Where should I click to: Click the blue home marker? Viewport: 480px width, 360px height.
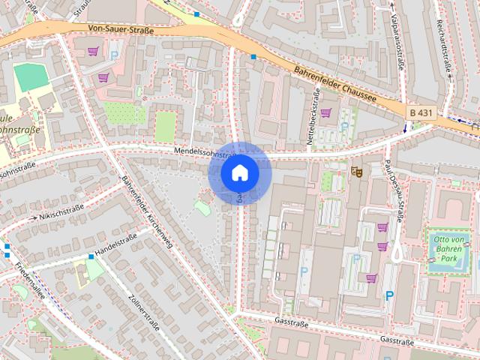(239, 172)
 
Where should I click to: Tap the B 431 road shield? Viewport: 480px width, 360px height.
(421, 112)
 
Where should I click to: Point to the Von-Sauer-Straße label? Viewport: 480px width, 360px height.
(121, 31)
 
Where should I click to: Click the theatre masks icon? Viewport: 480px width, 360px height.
(358, 172)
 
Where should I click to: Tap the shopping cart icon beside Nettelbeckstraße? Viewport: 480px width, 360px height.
(326, 113)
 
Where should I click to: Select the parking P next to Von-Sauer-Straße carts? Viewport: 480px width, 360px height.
(114, 55)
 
